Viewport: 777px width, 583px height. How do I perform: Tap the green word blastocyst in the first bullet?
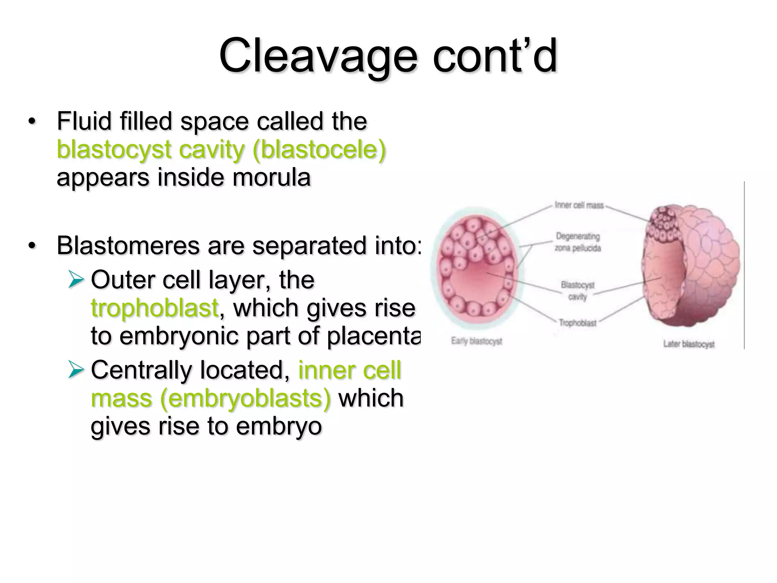[114, 150]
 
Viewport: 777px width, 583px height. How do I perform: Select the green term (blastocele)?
[319, 150]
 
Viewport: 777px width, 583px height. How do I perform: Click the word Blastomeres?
[128, 246]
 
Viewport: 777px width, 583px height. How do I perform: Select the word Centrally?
[141, 370]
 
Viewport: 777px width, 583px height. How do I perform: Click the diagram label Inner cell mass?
[579, 205]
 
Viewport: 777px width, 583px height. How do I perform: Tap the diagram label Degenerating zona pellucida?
[578, 242]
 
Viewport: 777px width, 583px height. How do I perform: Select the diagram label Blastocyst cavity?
[577, 290]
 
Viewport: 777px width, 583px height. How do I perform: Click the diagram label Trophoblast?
[577, 323]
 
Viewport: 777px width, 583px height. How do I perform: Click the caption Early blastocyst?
[477, 341]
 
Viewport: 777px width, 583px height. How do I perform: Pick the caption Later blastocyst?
[689, 344]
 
